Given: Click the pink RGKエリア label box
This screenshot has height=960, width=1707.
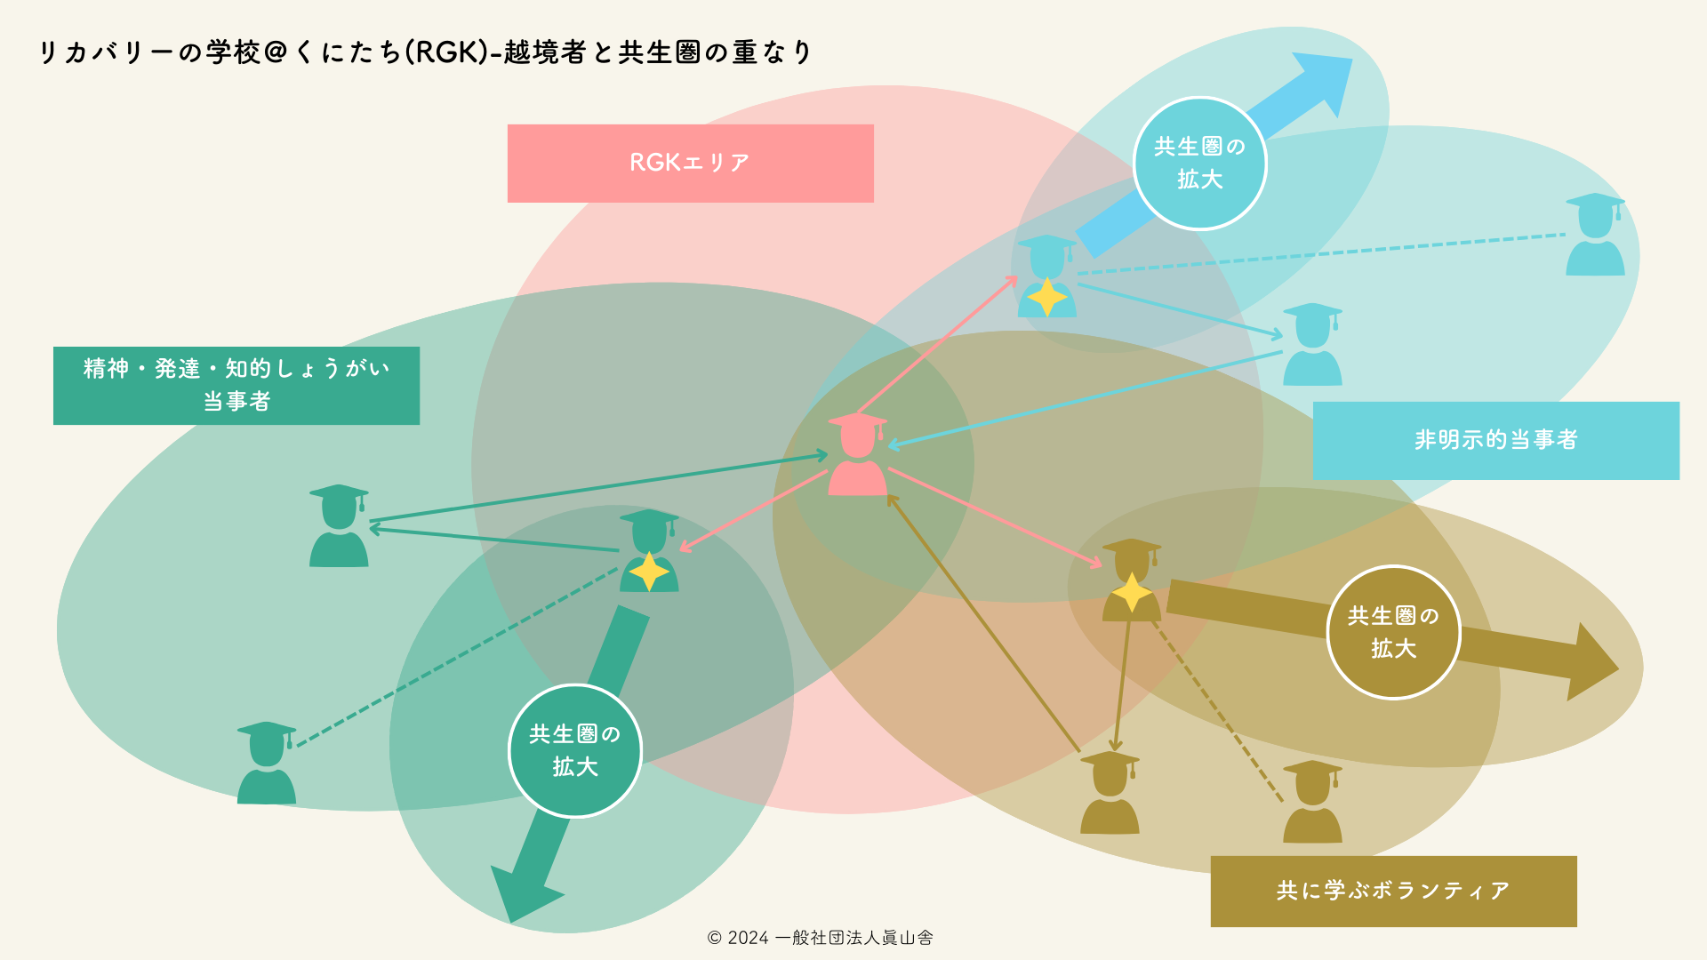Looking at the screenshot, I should click(690, 164).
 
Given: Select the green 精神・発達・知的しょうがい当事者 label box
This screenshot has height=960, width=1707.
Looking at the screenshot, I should click(236, 386).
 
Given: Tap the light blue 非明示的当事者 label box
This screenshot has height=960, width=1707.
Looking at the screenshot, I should click(1495, 440).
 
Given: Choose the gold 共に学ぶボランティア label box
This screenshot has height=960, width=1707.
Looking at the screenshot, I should click(1393, 891).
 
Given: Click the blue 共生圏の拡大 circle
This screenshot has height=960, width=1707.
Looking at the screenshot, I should click(1200, 164).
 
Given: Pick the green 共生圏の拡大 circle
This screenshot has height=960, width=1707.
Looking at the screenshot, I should click(575, 750).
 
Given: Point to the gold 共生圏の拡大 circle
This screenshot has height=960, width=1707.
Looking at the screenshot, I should click(1393, 632).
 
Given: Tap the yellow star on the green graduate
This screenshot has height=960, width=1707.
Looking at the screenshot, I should click(649, 572).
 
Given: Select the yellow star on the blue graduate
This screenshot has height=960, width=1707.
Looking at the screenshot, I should click(1047, 297).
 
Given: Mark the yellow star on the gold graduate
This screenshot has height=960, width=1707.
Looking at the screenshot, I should click(1131, 592).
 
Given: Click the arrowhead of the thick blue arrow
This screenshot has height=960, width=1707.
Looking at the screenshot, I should click(1325, 80).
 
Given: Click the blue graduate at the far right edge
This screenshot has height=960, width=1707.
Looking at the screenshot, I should click(1595, 235).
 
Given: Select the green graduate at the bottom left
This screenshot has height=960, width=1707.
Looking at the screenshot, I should click(266, 764).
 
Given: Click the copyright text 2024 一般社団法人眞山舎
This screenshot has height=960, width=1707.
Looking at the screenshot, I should click(820, 938).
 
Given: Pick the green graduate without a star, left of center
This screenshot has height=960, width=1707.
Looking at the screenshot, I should click(339, 526).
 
